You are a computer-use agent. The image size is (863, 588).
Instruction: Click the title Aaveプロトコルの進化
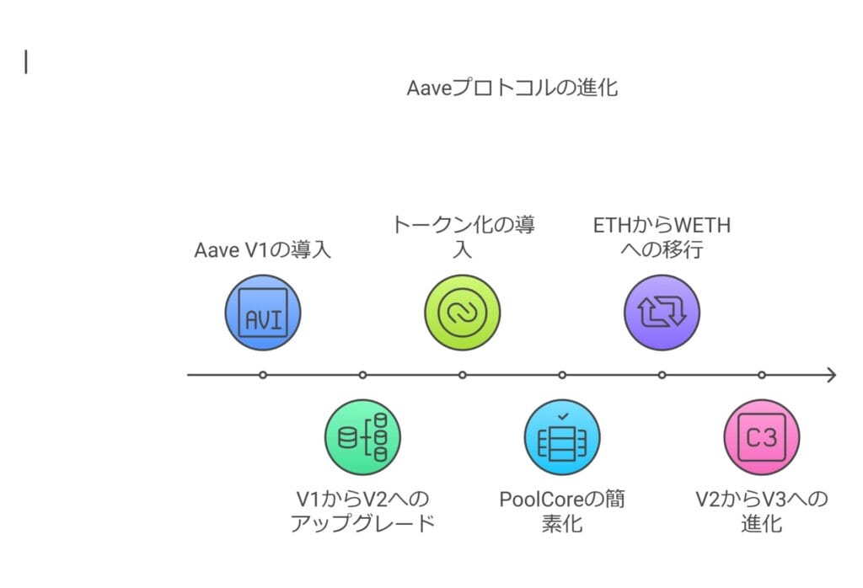tap(512, 88)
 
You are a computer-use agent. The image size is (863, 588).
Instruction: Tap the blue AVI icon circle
tap(263, 313)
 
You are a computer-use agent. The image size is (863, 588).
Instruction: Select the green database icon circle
tap(362, 437)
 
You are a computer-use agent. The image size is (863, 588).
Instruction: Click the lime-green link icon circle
tap(462, 313)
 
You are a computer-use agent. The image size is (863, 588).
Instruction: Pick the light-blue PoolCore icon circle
tap(562, 437)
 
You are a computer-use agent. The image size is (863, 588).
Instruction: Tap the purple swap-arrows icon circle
tap(662, 313)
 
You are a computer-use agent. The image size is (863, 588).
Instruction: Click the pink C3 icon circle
tap(761, 437)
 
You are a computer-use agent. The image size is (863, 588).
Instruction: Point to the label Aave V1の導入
tap(262, 250)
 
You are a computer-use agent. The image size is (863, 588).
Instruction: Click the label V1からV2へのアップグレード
tap(362, 510)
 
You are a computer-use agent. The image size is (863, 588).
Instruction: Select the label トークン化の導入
tap(463, 237)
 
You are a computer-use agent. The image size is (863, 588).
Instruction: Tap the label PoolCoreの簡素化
tap(562, 510)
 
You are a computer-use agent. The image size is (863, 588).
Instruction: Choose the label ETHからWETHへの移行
tap(662, 237)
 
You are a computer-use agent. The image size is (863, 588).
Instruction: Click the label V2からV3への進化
tap(761, 510)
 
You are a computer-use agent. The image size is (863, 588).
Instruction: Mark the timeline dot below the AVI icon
tap(263, 375)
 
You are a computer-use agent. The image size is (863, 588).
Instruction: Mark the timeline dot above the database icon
tap(362, 375)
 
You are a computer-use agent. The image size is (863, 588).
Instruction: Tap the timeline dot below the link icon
tap(462, 375)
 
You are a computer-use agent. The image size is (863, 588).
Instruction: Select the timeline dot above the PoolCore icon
tap(562, 375)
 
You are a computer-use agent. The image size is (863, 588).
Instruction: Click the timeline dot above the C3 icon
tap(761, 375)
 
